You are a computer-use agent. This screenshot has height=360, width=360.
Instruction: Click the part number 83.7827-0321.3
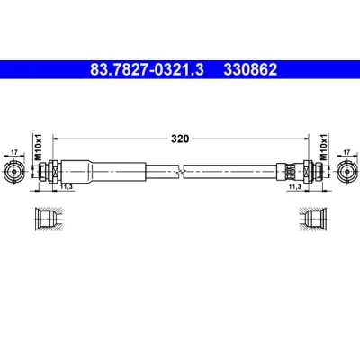pyautogui.click(x=147, y=70)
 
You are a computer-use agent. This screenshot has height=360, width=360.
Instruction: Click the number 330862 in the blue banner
pyautogui.click(x=250, y=70)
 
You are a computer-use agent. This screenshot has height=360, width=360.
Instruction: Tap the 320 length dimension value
pyautogui.click(x=180, y=139)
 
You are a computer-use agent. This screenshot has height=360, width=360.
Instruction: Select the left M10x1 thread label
pyautogui.click(x=39, y=148)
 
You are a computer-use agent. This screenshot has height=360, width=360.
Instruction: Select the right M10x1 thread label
pyautogui.click(x=323, y=148)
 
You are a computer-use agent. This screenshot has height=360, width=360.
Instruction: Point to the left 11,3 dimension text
pyautogui.click(x=67, y=186)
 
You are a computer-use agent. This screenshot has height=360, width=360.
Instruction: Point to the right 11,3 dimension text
pyautogui.click(x=294, y=186)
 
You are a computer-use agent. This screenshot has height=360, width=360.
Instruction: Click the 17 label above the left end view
pyautogui.click(x=14, y=152)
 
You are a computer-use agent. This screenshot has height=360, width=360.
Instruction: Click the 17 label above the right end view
pyautogui.click(x=346, y=152)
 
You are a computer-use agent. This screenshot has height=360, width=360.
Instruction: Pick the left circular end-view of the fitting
pyautogui.click(x=13, y=172)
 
